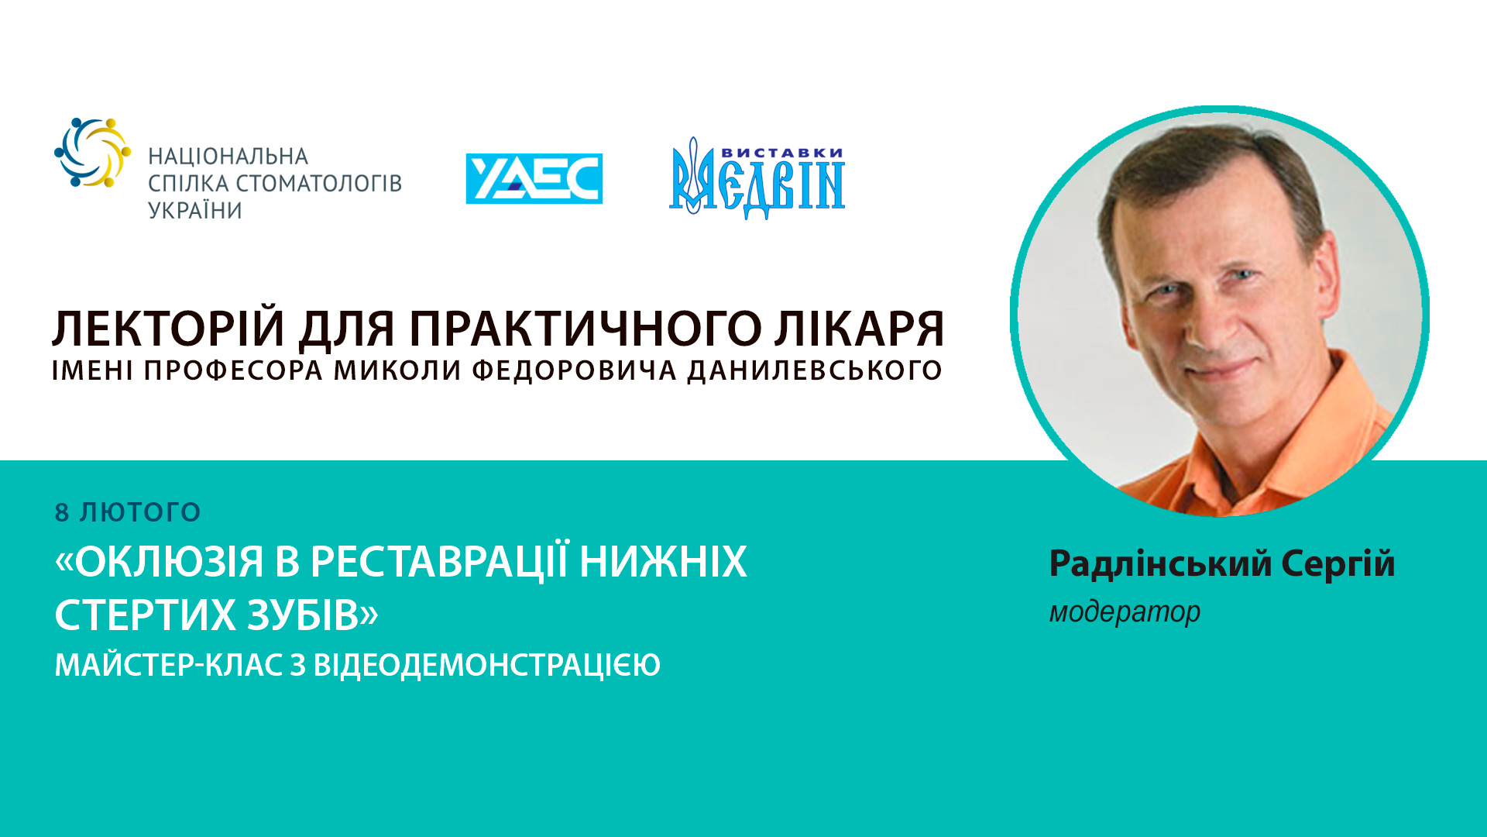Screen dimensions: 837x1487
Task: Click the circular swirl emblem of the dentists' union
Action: click(92, 152)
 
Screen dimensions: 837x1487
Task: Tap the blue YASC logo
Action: click(534, 178)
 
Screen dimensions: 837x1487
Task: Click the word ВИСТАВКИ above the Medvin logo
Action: click(781, 153)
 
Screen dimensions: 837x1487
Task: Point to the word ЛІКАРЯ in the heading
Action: click(860, 329)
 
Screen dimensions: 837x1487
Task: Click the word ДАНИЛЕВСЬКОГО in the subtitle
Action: click(815, 370)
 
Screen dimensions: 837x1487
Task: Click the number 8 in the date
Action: click(62, 512)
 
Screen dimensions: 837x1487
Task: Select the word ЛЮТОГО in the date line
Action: click(140, 512)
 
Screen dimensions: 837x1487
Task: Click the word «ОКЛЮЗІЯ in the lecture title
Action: click(160, 562)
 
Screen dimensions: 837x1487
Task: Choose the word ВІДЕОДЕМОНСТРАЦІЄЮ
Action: click(486, 665)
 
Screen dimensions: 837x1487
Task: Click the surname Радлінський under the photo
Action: click(1160, 563)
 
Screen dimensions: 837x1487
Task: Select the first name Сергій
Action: click(1338, 563)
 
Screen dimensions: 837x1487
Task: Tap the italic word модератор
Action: click(1125, 611)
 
